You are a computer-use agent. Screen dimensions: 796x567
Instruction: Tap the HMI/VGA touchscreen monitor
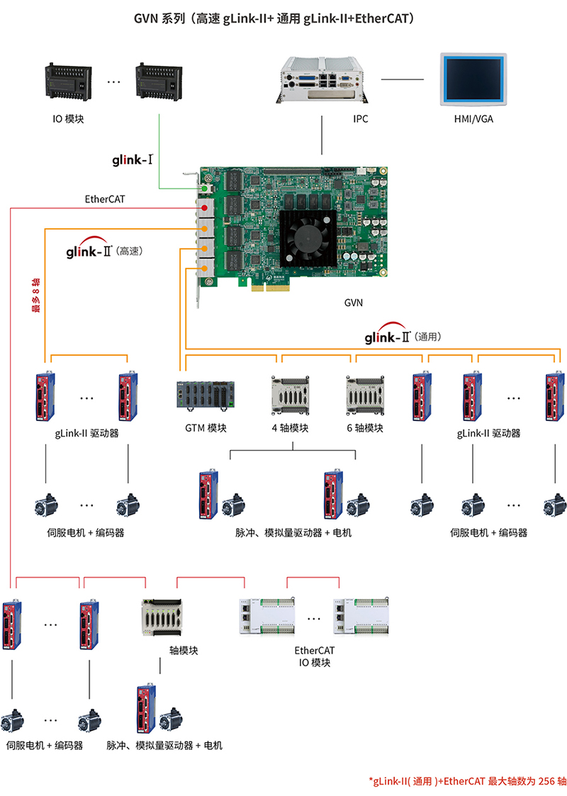pos(473,79)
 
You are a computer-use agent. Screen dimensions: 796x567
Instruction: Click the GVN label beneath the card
pos(353,303)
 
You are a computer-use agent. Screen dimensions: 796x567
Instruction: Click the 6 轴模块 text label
pos(365,428)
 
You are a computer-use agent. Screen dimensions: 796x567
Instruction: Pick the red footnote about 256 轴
pos(467,781)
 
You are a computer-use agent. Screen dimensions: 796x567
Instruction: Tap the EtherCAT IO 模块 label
pos(314,656)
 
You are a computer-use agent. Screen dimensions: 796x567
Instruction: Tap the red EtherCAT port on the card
pos(205,208)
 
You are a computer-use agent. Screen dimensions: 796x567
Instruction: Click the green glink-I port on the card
pos(203,189)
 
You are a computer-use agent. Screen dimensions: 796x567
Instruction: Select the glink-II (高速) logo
pos(106,250)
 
